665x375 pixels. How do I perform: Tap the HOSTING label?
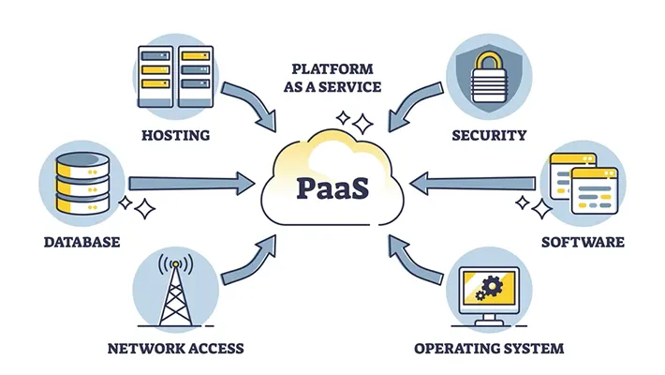(175, 135)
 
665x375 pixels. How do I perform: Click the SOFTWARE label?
(583, 242)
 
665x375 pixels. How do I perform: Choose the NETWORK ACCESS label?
(175, 348)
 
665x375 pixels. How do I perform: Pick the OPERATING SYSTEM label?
(489, 348)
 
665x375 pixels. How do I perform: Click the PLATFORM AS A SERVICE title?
(332, 78)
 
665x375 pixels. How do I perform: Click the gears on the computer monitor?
(488, 286)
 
